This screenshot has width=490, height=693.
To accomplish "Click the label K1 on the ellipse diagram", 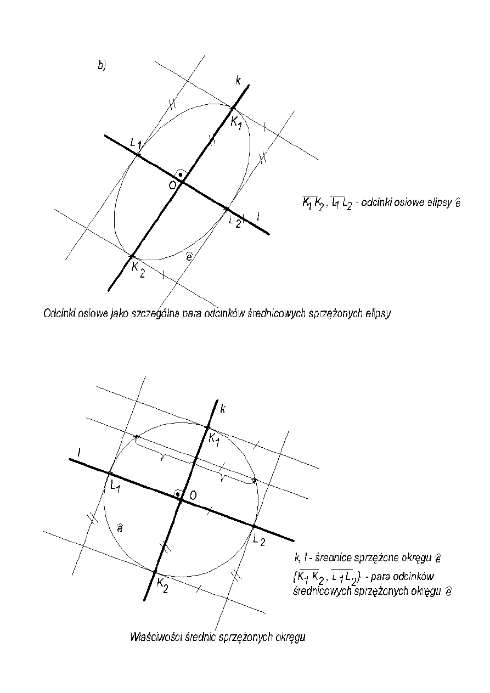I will pos(236,122).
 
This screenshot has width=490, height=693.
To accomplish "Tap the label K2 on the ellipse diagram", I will pos(138,269).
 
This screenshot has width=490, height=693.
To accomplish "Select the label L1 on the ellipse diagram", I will pos(137,144).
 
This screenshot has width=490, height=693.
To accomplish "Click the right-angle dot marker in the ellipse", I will pos(180,174).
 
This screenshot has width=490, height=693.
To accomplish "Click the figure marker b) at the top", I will pos(102,65).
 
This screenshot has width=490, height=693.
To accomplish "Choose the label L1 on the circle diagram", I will pos(115,486).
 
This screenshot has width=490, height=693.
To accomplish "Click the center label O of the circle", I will pos(193,495).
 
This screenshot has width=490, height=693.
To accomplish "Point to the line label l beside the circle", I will pos(80,452).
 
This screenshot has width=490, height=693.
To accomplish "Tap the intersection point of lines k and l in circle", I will pos(181,499).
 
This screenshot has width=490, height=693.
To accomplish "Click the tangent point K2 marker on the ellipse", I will pos(132,256).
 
